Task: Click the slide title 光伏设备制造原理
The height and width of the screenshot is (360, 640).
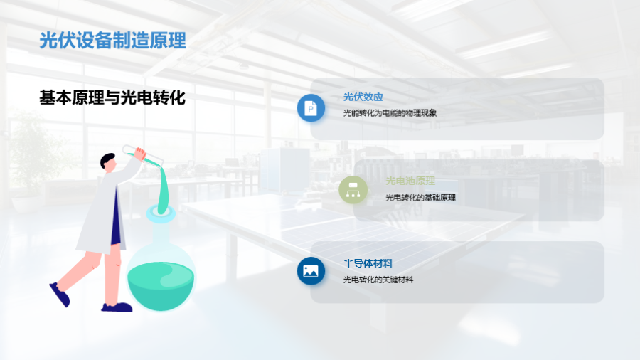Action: click(112, 41)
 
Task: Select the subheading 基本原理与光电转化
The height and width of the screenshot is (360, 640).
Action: click(112, 97)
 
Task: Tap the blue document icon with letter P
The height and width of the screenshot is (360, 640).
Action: click(311, 108)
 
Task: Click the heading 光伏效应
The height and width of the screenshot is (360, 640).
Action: click(363, 97)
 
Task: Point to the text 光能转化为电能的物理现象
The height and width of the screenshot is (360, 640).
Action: click(390, 112)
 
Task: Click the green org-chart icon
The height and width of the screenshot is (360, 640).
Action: click(353, 190)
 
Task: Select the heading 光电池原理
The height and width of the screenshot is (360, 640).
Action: click(410, 181)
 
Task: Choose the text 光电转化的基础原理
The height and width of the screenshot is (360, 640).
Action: click(420, 198)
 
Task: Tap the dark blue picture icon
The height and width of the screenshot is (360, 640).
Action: click(311, 271)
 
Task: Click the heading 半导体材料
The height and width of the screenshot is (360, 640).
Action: click(368, 263)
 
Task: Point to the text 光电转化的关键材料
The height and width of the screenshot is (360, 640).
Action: click(378, 280)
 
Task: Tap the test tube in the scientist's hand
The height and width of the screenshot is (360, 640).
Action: click(142, 156)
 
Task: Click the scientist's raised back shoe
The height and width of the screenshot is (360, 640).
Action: click(60, 295)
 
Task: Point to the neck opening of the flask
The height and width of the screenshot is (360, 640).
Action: click(161, 213)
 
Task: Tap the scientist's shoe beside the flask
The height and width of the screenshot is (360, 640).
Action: click(117, 307)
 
